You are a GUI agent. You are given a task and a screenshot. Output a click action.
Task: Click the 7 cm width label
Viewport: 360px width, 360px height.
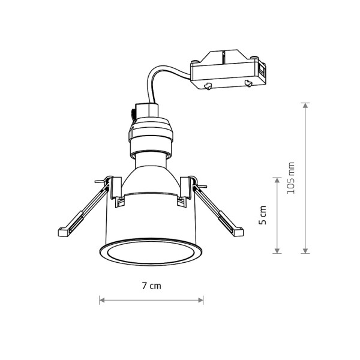[151, 286]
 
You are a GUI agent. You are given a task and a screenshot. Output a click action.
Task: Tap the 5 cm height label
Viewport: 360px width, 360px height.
[262, 215]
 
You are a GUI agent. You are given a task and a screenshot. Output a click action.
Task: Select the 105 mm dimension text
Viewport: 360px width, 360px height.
[290, 178]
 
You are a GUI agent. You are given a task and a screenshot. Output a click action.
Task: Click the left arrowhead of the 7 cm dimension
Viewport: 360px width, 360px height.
[102, 300]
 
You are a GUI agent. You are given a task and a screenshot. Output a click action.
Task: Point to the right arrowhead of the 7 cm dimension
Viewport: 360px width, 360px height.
[200, 300]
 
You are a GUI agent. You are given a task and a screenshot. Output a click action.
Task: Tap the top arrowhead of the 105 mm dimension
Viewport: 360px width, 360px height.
[305, 106]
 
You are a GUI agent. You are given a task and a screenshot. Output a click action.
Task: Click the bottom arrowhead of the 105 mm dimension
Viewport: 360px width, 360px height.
[305, 251]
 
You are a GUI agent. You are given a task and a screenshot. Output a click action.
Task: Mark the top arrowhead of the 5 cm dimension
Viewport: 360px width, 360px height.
[277, 180]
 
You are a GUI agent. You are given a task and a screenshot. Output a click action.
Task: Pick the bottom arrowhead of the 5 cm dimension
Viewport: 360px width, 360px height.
[277, 251]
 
